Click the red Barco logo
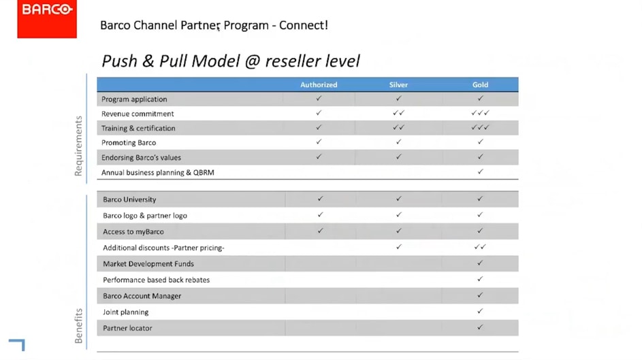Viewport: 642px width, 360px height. (x=47, y=18)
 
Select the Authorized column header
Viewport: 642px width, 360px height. (x=319, y=85)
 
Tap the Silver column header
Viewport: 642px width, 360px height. (x=398, y=85)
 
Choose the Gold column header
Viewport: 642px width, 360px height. (x=480, y=85)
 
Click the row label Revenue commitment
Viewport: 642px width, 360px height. (x=138, y=114)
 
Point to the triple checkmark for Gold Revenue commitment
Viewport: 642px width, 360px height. (x=480, y=113)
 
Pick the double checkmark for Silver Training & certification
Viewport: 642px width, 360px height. (x=399, y=127)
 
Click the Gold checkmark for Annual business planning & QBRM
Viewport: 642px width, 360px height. (x=480, y=171)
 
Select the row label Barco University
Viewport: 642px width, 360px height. (x=129, y=199)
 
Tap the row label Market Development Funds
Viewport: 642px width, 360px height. (x=148, y=264)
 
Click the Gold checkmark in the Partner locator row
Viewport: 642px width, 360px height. (x=480, y=327)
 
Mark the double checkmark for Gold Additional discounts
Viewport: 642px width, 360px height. (x=480, y=247)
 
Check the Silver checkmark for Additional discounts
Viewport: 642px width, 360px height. (x=399, y=247)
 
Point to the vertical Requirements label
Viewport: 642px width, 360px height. (x=78, y=146)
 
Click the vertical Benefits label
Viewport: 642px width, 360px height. (x=78, y=325)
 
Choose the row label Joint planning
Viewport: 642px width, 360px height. (x=126, y=312)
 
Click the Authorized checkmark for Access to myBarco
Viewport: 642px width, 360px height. (x=320, y=231)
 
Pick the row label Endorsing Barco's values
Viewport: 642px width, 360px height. (x=141, y=157)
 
